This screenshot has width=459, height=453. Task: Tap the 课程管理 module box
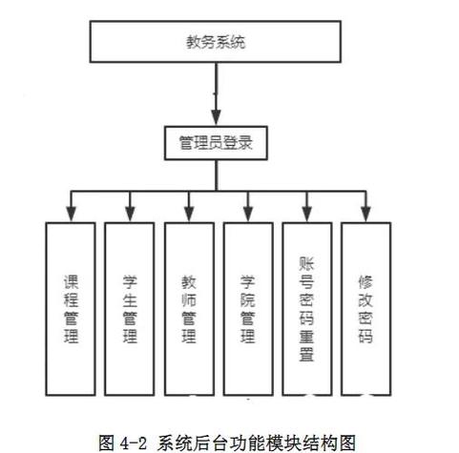pos(70,307)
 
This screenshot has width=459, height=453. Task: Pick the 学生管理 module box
pos(130,307)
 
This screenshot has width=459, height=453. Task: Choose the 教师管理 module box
pos(189,307)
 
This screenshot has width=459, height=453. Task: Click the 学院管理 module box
pos(249,307)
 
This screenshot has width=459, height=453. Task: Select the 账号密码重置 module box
pos(307,307)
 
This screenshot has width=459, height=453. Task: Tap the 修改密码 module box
pos(365,307)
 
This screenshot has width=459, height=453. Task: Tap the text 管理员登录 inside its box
pos(215,144)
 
